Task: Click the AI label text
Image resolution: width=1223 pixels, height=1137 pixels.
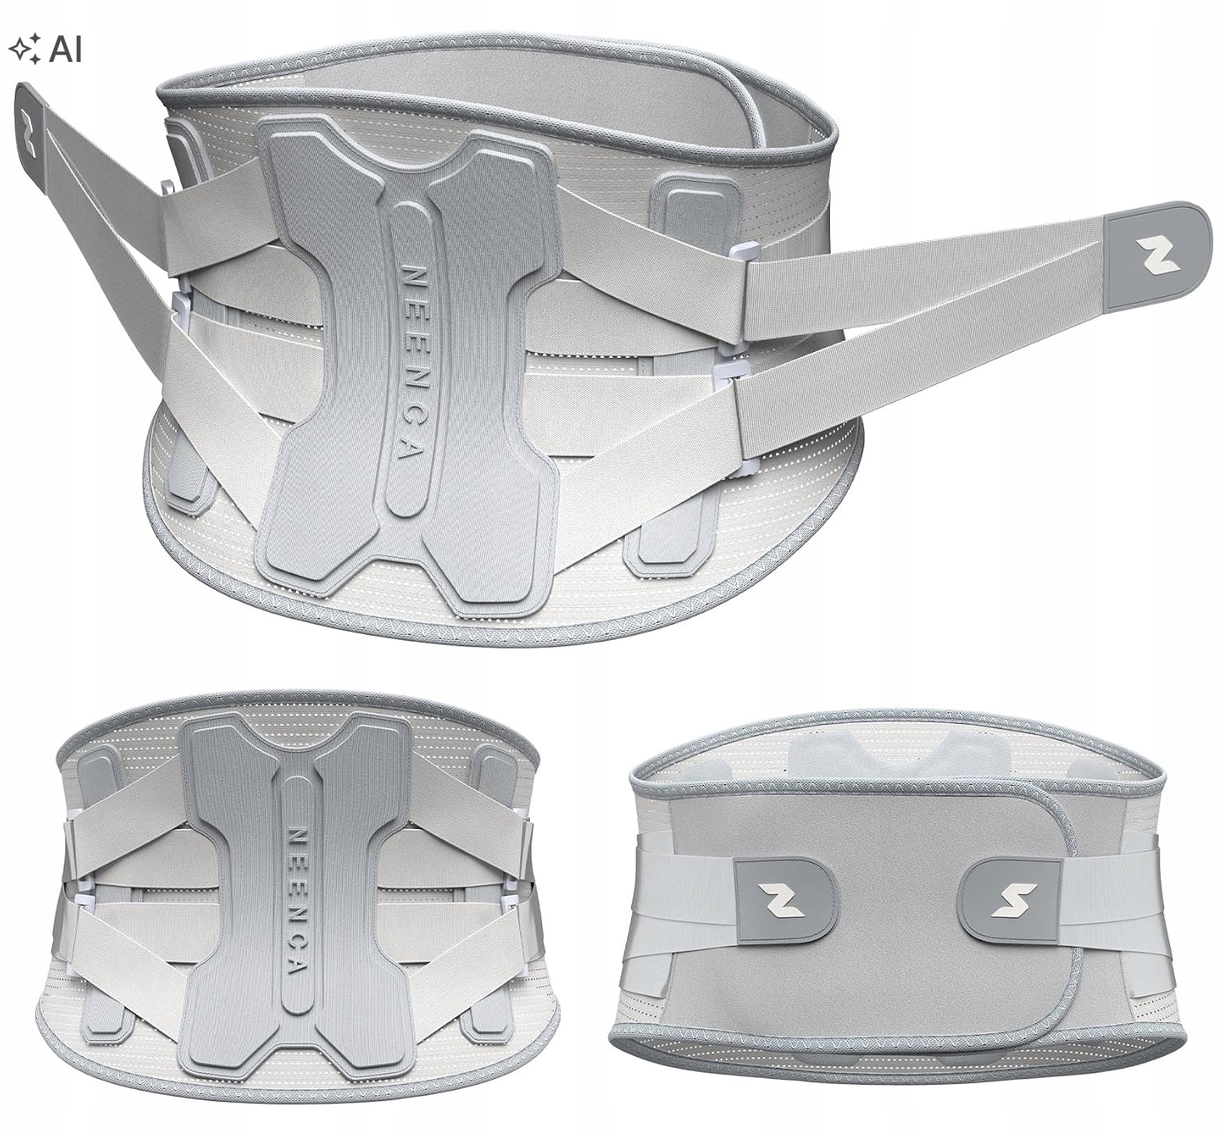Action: click(65, 49)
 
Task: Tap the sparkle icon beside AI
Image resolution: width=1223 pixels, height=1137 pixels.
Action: click(24, 49)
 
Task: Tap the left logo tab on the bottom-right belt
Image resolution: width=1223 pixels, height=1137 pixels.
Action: click(785, 900)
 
